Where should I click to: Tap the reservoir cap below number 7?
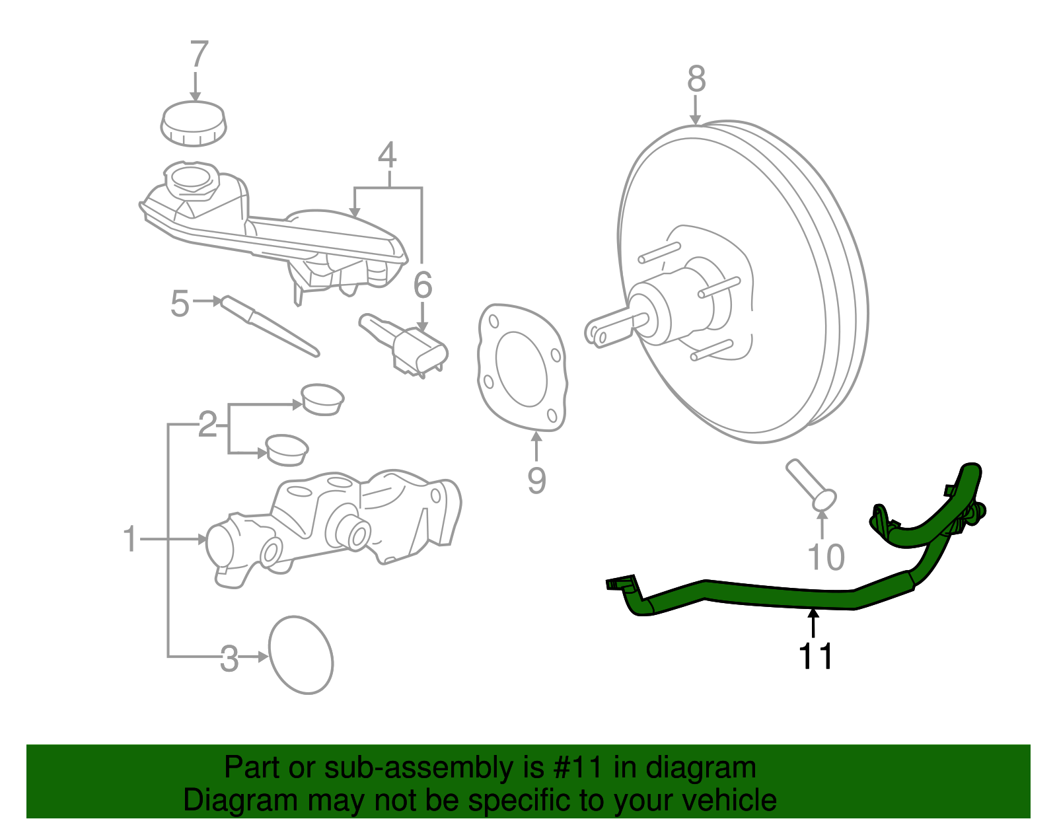[x=194, y=124]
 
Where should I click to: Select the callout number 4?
[x=387, y=156]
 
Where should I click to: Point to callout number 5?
[x=180, y=304]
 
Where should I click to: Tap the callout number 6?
[x=423, y=285]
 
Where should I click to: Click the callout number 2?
[x=207, y=424]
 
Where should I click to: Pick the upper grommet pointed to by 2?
[x=322, y=398]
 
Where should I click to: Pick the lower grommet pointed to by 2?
[x=287, y=449]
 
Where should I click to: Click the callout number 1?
[x=130, y=540]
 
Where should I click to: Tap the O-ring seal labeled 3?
[x=301, y=655]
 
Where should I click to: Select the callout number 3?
[x=229, y=659]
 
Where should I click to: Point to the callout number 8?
[x=696, y=79]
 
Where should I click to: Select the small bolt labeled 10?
[x=811, y=485]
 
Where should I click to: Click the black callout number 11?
[x=816, y=656]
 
